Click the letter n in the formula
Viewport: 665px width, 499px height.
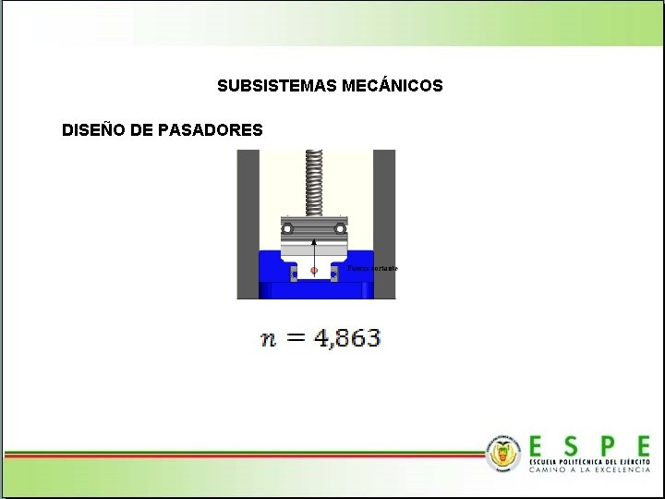[x=268, y=338]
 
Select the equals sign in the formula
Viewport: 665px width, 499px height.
[x=296, y=338]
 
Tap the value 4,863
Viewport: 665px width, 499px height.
[x=347, y=338]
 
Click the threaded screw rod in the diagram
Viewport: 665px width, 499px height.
[x=315, y=181]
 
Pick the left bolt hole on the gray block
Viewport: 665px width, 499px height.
[x=288, y=227]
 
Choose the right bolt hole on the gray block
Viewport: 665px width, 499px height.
[x=341, y=227]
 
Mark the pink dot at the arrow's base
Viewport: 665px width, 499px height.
[x=315, y=271]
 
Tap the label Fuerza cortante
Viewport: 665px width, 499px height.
[x=373, y=268]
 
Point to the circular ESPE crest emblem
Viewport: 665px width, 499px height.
[x=504, y=452]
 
